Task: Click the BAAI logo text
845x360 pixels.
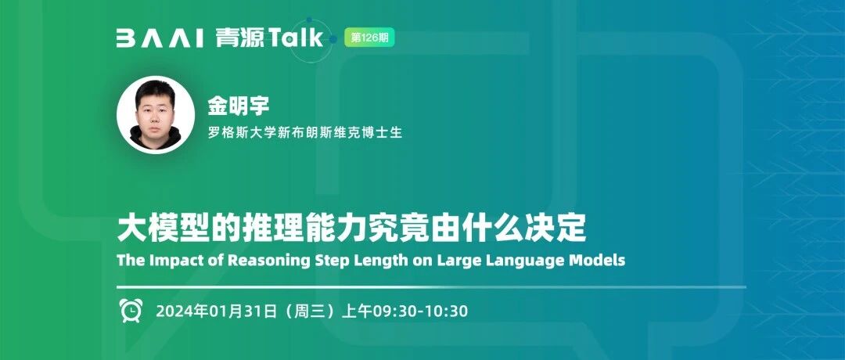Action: pyautogui.click(x=160, y=39)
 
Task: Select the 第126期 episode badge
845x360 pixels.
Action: pyautogui.click(x=369, y=38)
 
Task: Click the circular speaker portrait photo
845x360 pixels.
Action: pyautogui.click(x=156, y=115)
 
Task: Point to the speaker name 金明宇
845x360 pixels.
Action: pyautogui.click(x=238, y=106)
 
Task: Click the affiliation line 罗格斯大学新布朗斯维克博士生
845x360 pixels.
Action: pyautogui.click(x=306, y=132)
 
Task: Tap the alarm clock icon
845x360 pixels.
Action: pyautogui.click(x=131, y=311)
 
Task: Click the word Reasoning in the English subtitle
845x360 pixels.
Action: pyautogui.click(x=269, y=261)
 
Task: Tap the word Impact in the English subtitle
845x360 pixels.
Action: pyautogui.click(x=168, y=261)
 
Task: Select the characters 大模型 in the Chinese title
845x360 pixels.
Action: pyautogui.click(x=156, y=228)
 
